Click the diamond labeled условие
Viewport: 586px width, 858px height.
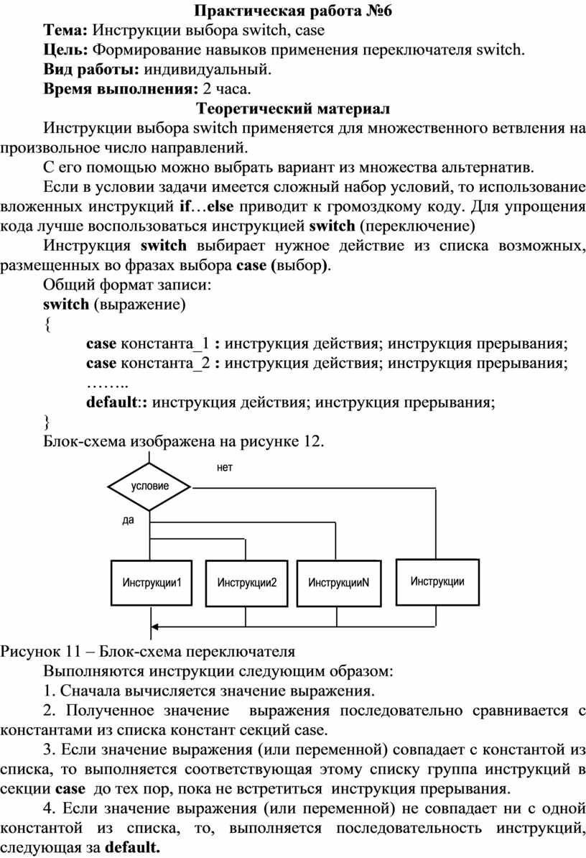[149, 486]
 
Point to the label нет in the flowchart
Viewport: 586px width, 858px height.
[225, 467]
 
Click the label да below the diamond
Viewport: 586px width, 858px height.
[128, 520]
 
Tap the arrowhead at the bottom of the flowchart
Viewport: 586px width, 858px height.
[154, 627]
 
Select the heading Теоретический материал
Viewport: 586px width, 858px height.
[293, 109]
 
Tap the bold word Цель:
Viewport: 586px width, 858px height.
[65, 50]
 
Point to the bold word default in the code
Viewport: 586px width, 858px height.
[111, 402]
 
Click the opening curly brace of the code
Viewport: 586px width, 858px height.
[47, 325]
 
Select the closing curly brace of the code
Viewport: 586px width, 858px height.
[47, 422]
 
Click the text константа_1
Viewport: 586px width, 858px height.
[164, 343]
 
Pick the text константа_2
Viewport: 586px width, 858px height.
[164, 364]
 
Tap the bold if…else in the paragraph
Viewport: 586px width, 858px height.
[206, 206]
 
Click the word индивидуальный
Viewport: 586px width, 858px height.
[208, 70]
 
